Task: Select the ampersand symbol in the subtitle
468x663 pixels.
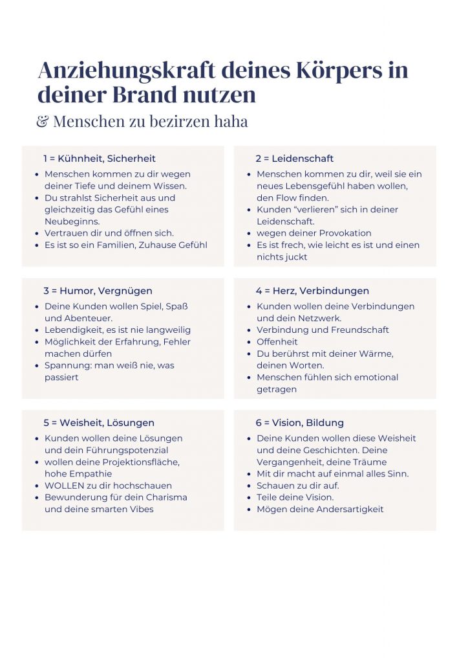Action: point(42,121)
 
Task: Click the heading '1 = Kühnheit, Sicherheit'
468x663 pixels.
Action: point(100,159)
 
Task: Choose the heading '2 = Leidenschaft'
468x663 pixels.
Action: point(294,159)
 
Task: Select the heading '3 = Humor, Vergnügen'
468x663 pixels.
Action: point(98,291)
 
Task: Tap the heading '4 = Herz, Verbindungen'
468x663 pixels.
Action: point(312,291)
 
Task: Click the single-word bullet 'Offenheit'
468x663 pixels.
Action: point(277,342)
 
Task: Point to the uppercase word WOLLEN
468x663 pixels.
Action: point(64,486)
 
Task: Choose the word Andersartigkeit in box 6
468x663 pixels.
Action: point(350,509)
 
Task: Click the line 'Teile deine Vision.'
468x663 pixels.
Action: point(295,497)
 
